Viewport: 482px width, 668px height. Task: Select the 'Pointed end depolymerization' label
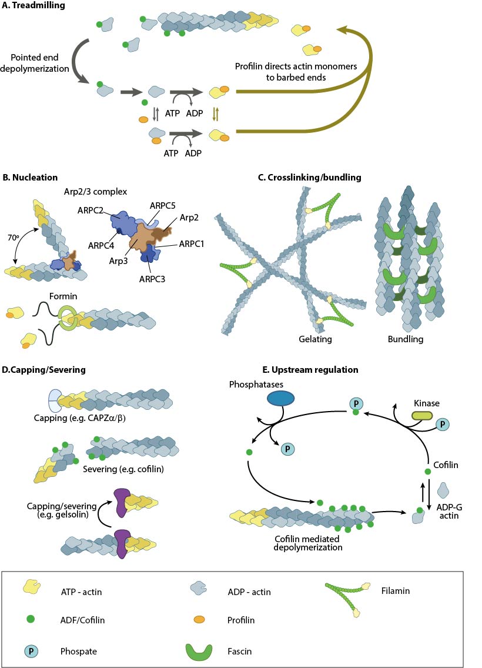coord(36,65)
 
